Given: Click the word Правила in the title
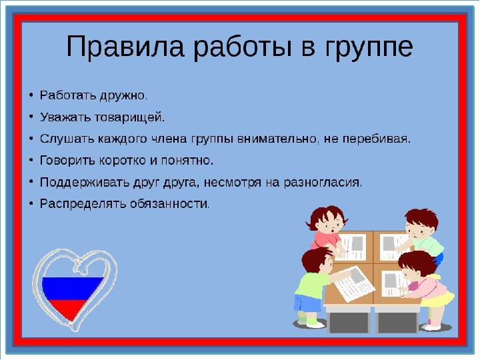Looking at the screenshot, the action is coord(125,46).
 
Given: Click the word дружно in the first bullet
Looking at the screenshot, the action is coord(123,95).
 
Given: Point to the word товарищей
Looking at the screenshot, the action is coord(129,117).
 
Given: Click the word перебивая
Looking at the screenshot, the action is coord(376,139).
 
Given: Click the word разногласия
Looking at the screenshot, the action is coord(323,183).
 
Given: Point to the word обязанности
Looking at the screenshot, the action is coord(170,203).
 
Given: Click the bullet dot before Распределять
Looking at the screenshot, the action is coord(31,203).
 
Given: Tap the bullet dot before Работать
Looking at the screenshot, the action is coord(31,95).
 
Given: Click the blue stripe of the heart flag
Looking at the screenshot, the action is coord(72,289).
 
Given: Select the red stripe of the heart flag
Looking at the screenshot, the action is coord(70,309).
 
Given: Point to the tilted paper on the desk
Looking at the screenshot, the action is coord(355,283).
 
